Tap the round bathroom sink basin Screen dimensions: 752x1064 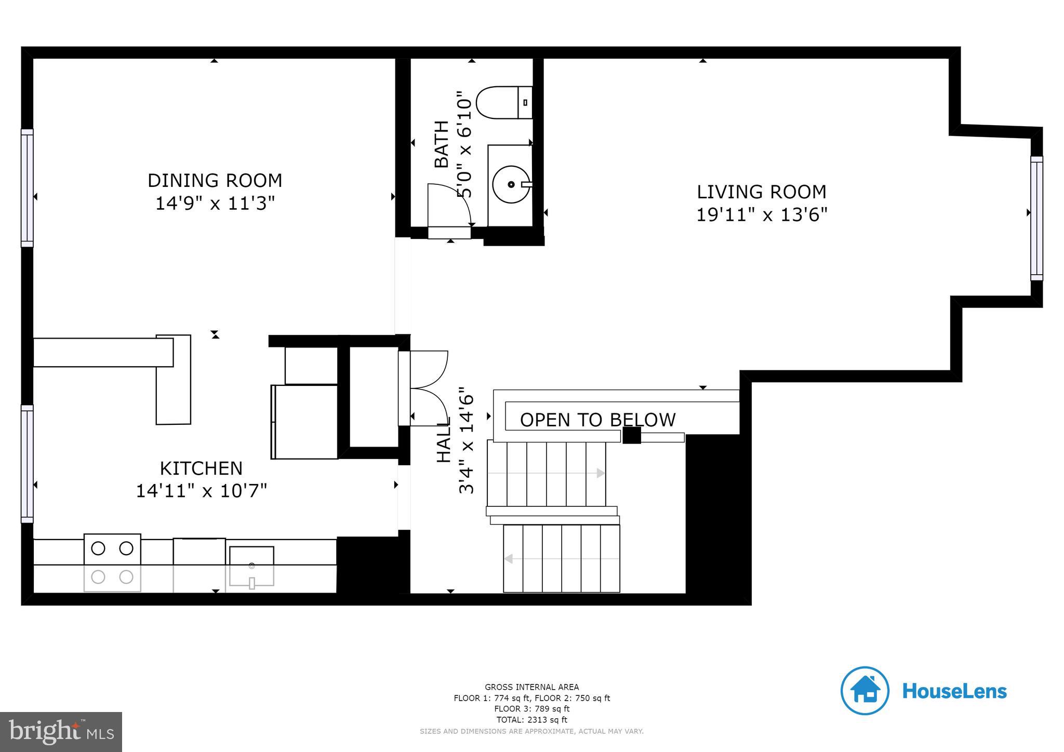pos(511,184)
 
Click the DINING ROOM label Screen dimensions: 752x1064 pos(215,181)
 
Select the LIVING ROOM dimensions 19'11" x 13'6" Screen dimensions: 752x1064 pos(761,214)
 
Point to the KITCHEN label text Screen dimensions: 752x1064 pos(201,468)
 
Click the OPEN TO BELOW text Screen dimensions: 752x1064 pos(597,420)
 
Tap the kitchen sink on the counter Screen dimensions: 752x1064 pos(251,566)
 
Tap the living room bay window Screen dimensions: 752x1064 pos(1036,218)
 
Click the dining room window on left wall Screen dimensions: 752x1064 pos(27,188)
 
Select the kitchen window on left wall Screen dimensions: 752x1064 pos(27,464)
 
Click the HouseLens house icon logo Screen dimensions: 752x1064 pos(864,691)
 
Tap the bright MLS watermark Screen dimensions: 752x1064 pos(61,732)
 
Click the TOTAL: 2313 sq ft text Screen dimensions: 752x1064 pos(531,720)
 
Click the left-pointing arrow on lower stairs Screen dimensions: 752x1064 pos(509,559)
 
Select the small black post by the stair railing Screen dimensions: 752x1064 pos(631,435)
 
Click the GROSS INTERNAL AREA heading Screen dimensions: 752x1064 pos(531,687)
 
